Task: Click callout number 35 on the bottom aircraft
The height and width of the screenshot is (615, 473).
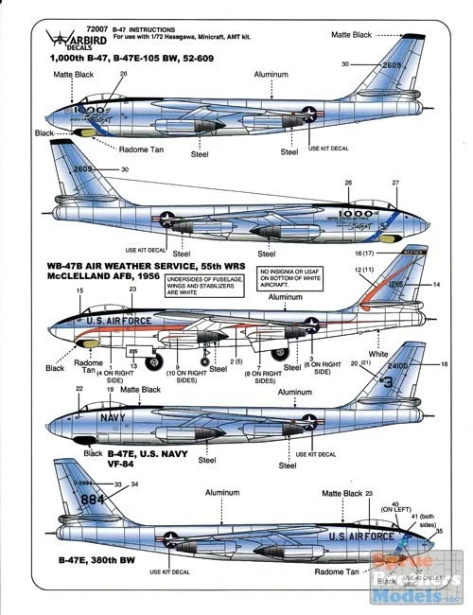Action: [439, 532]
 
